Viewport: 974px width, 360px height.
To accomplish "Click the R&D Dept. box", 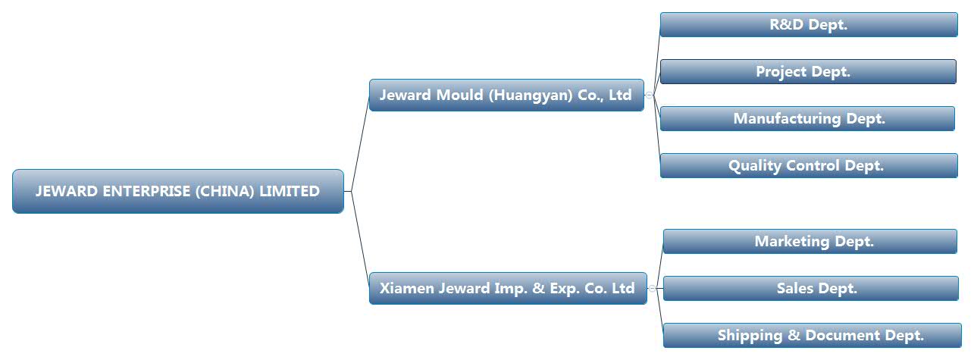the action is coord(809,24).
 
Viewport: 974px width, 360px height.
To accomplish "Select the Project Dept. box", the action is coord(808,71).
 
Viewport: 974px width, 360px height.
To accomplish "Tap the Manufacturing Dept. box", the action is coord(807,118).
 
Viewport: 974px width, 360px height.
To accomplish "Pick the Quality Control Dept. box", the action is coord(809,165).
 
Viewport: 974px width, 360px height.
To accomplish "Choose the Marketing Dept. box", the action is coord(810,241).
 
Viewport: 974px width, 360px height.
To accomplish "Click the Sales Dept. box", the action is coord(811,288).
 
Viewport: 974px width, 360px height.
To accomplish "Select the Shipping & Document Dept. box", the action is coord(813,335).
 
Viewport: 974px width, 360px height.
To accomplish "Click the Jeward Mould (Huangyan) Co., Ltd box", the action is coord(506,95).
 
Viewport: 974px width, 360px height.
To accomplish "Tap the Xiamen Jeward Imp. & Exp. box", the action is coord(508,288).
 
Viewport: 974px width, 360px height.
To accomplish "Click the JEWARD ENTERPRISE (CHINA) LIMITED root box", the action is coord(178,191).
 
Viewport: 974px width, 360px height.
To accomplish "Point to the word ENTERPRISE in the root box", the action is coord(146,191).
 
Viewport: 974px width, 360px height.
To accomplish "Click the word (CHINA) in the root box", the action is coord(225,191).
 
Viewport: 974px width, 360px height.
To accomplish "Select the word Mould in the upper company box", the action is coord(459,95).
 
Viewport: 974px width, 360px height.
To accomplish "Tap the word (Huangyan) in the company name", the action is coord(531,95).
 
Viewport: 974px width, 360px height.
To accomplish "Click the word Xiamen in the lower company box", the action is coord(406,288).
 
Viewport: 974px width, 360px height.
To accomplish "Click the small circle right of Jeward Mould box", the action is coord(649,95).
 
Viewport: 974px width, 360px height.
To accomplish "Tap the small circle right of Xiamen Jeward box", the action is coord(652,288).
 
